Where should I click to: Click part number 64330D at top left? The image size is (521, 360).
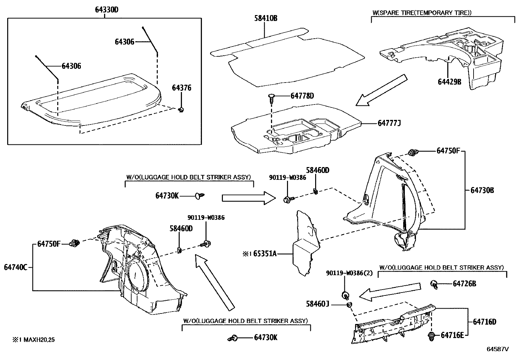106,10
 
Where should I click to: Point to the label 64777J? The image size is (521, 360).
389,123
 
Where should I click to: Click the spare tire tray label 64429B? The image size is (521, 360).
449,82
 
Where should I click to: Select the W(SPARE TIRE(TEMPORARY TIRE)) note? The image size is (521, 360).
422,13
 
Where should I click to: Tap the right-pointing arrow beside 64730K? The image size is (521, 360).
248,198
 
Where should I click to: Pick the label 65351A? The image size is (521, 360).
265,254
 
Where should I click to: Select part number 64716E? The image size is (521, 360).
452,335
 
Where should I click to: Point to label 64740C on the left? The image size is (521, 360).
15,267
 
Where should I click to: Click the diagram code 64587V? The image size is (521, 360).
498,349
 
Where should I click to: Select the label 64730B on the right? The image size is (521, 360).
482,190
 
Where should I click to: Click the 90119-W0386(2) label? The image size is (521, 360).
349,273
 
